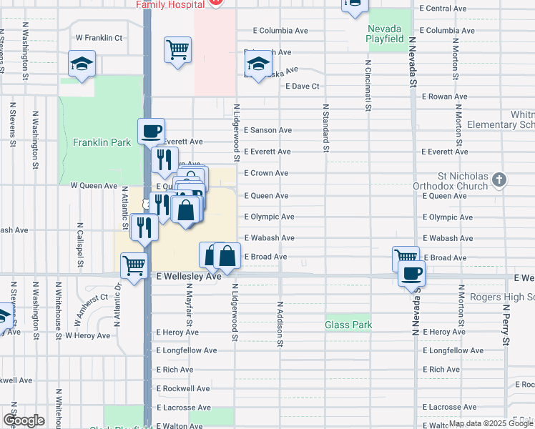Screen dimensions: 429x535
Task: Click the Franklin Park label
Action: (102, 142)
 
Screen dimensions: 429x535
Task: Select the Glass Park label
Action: (348, 325)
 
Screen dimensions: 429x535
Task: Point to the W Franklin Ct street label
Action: (99, 37)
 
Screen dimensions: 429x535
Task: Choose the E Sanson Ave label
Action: (267, 130)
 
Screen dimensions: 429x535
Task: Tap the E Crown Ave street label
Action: (266, 173)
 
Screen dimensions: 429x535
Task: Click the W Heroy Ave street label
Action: (87, 335)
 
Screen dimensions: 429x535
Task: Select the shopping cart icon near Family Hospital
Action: (177, 50)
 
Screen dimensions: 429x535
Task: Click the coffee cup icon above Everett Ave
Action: (151, 131)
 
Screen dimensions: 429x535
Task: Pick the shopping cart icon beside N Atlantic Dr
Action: (134, 265)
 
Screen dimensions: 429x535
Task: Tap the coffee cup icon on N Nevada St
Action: (411, 273)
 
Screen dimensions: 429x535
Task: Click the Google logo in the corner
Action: (24, 420)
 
